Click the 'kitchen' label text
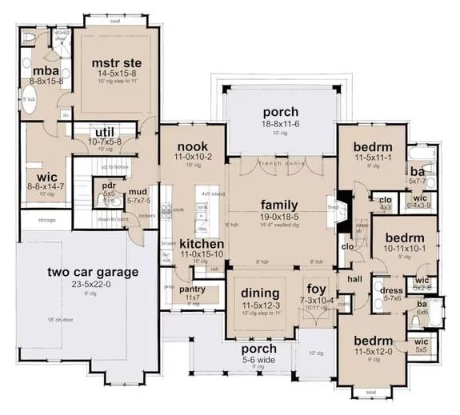[200, 243]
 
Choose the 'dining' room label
[259, 293]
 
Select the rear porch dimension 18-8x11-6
[279, 126]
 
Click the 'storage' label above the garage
[46, 219]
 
